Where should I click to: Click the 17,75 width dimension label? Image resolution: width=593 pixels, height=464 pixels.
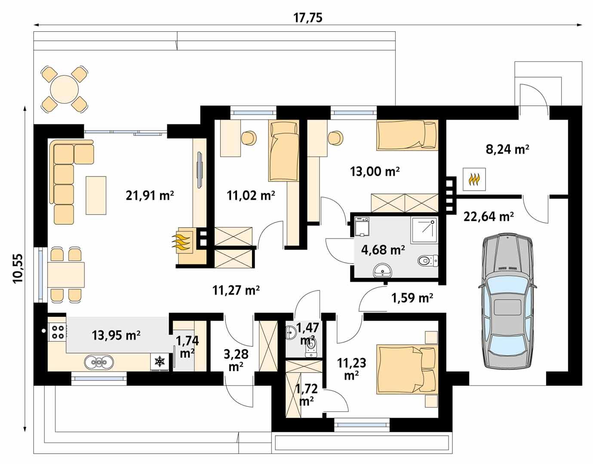tap(307, 18)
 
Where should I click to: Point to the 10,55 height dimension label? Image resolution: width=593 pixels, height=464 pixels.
tap(18, 269)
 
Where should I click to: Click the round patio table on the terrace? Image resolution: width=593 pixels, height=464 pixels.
tap(64, 89)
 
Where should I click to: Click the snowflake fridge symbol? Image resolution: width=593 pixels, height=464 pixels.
tap(160, 362)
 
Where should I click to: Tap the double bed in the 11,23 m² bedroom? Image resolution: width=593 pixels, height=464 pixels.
tap(406, 369)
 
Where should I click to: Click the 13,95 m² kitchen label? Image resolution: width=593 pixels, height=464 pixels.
tap(116, 335)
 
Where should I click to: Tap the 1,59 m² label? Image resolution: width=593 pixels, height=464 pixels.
tap(412, 297)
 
